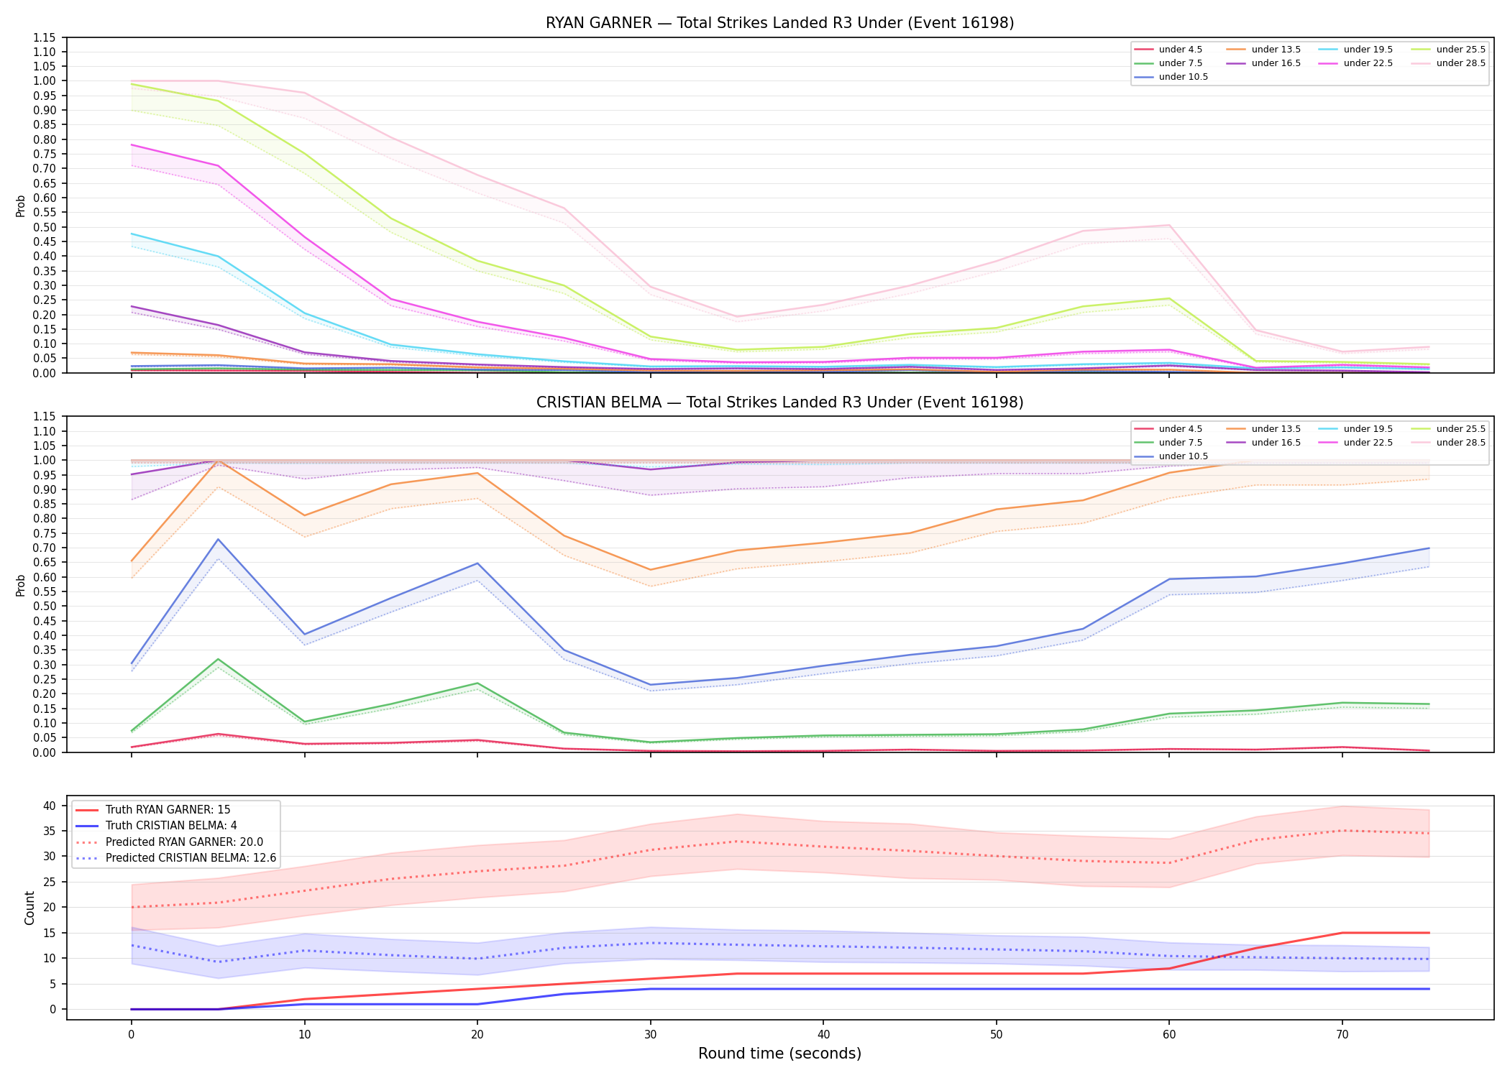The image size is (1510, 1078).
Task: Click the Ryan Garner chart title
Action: pos(779,23)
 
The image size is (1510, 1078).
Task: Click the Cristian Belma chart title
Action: pos(779,402)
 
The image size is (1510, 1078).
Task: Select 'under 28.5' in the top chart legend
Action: pos(1460,63)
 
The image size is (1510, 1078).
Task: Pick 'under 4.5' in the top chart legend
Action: pos(1180,50)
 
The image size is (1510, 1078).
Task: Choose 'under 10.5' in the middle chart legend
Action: pos(1183,456)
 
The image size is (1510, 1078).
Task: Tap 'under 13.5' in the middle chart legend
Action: pos(1276,429)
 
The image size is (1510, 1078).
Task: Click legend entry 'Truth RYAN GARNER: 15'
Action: pos(168,810)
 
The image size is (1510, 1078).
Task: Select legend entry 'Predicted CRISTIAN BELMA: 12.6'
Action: pos(191,858)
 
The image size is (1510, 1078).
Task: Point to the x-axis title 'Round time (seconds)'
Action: pos(779,1054)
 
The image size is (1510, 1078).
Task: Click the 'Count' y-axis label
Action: pos(29,908)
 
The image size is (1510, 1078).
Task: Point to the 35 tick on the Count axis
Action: pos(49,831)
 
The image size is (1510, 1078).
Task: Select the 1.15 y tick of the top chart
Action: pos(44,37)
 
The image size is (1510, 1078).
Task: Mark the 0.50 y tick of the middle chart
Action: pos(44,607)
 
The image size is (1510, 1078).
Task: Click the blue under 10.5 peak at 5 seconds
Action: pos(218,539)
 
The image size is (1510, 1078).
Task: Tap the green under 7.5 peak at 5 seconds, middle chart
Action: pos(218,659)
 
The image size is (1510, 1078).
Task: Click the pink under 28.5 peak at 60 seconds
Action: pos(1169,225)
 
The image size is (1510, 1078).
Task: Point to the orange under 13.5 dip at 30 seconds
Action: pos(651,570)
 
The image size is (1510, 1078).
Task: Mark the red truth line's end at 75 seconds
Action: pos(1429,933)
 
